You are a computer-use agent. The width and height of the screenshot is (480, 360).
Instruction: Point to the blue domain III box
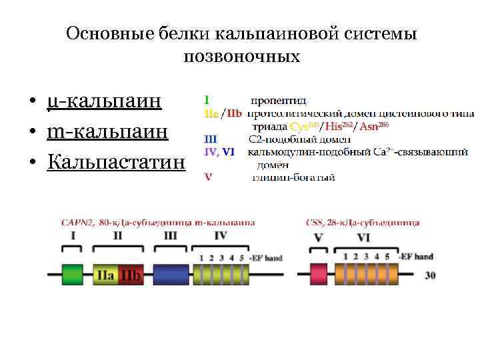tap(171, 274)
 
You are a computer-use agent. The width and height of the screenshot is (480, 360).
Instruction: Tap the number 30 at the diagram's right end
tap(431, 275)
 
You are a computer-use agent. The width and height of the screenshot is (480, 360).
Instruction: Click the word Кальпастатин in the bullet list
tap(116, 162)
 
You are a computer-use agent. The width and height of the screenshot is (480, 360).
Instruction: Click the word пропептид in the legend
tap(279, 101)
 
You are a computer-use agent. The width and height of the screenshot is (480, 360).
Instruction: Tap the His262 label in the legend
tap(340, 127)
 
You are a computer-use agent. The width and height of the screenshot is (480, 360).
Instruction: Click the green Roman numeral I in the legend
tap(206, 100)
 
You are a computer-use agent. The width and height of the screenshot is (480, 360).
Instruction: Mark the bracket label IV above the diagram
tap(221, 235)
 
